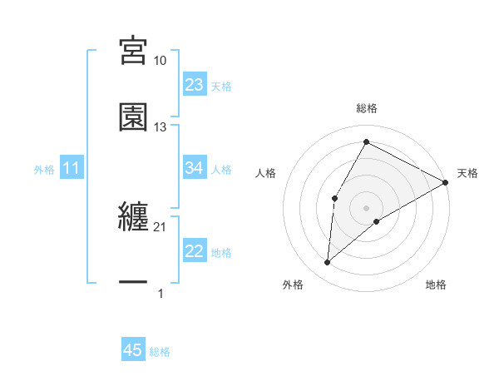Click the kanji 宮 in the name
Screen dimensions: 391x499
pyautogui.click(x=134, y=52)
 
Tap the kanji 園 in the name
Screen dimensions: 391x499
pyautogui.click(x=134, y=117)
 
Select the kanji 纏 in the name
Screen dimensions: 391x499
pyautogui.click(x=134, y=218)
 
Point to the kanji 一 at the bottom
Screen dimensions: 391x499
pyautogui.click(x=134, y=284)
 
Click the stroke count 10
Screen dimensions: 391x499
pyautogui.click(x=161, y=61)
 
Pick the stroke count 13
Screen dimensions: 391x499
pyautogui.click(x=161, y=127)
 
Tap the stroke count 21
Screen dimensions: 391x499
pyautogui.click(x=161, y=227)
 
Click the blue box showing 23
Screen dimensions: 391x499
pyautogui.click(x=195, y=85)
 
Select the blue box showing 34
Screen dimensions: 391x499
pyautogui.click(x=195, y=168)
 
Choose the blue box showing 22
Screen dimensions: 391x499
pyautogui.click(x=195, y=251)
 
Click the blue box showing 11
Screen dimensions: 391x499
pyautogui.click(x=72, y=169)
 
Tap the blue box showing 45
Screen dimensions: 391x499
pyautogui.click(x=133, y=350)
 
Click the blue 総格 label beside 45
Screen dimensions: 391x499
pyautogui.click(x=160, y=352)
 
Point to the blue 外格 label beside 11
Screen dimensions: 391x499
pyautogui.click(x=44, y=170)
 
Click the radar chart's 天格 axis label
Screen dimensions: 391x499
pyautogui.click(x=467, y=173)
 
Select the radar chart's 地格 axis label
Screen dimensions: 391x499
pyautogui.click(x=436, y=285)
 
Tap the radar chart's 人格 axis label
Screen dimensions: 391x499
pyautogui.click(x=265, y=173)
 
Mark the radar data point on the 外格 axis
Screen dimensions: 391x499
pyautogui.click(x=327, y=263)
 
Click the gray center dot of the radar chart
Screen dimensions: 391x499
pyautogui.click(x=366, y=208)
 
